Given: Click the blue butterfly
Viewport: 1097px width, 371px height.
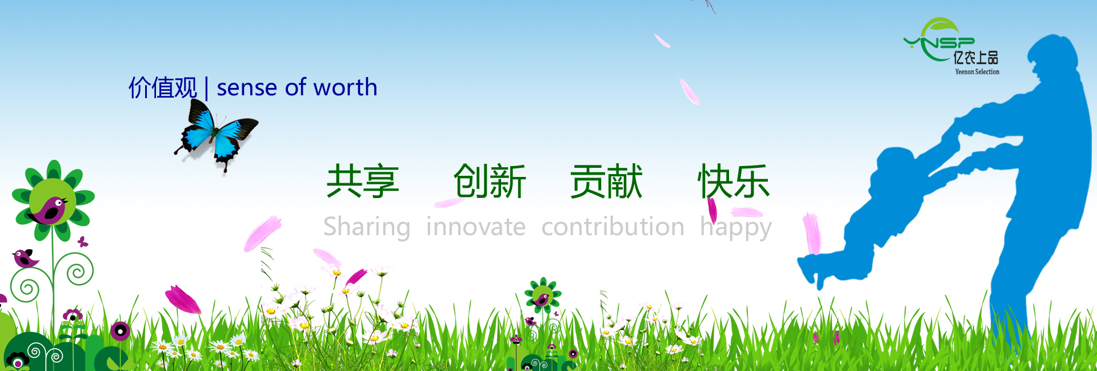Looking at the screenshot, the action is (215, 135).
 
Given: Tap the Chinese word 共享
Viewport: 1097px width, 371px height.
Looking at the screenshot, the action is (362, 182).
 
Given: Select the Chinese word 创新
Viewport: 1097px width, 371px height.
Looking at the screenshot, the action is (490, 182).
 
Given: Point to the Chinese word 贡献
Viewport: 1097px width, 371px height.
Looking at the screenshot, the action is (606, 182).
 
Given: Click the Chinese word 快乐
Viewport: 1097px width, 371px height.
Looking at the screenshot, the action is (734, 182).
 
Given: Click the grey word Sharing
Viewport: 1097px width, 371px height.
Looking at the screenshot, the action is (367, 227).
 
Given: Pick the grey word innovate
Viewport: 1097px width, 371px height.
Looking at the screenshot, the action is (475, 227).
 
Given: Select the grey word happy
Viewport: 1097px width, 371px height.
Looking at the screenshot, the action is (736, 228).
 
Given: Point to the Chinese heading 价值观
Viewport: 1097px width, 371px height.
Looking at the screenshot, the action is (163, 88).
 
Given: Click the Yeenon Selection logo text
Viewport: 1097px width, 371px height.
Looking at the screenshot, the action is (977, 72).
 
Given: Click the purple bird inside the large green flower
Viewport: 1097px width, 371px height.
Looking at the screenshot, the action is (49, 209).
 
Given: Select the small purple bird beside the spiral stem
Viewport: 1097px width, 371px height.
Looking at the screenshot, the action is (25, 258).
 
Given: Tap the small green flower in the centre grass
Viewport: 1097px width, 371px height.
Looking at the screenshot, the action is (542, 295).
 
